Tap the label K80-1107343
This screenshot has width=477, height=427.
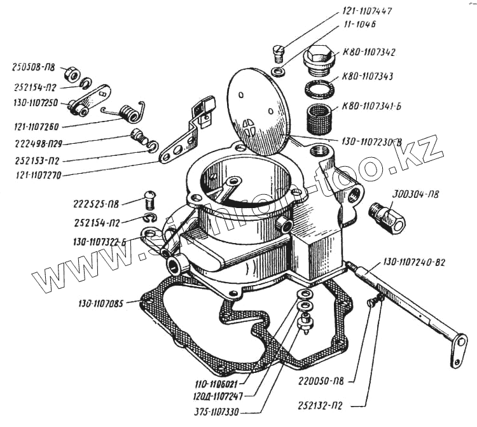tap(368, 76)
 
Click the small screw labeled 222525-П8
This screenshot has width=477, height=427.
tap(151, 199)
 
